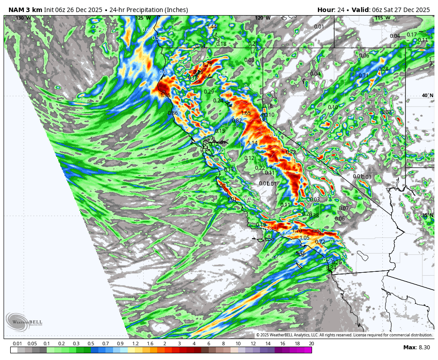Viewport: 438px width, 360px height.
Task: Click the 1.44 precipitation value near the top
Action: [212, 27]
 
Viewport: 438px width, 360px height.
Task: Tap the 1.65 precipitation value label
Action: [246, 113]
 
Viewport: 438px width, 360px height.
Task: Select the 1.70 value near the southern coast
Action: [297, 231]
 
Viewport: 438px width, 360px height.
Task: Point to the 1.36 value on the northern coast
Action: [165, 95]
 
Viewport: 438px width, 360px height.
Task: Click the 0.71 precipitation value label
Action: [364, 76]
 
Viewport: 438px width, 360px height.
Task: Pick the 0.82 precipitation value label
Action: [237, 121]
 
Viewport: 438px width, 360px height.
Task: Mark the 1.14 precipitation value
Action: [252, 143]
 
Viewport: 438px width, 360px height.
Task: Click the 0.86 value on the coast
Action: [173, 113]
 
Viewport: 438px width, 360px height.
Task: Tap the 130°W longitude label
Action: [23, 18]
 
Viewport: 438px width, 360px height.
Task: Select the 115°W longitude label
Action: [382, 18]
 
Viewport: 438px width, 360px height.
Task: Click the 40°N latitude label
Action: [427, 95]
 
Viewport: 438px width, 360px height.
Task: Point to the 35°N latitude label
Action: [427, 216]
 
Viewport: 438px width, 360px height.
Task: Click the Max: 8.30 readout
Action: [416, 348]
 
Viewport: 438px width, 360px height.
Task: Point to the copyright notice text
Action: [344, 335]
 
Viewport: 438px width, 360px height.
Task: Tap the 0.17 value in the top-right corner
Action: [412, 35]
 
